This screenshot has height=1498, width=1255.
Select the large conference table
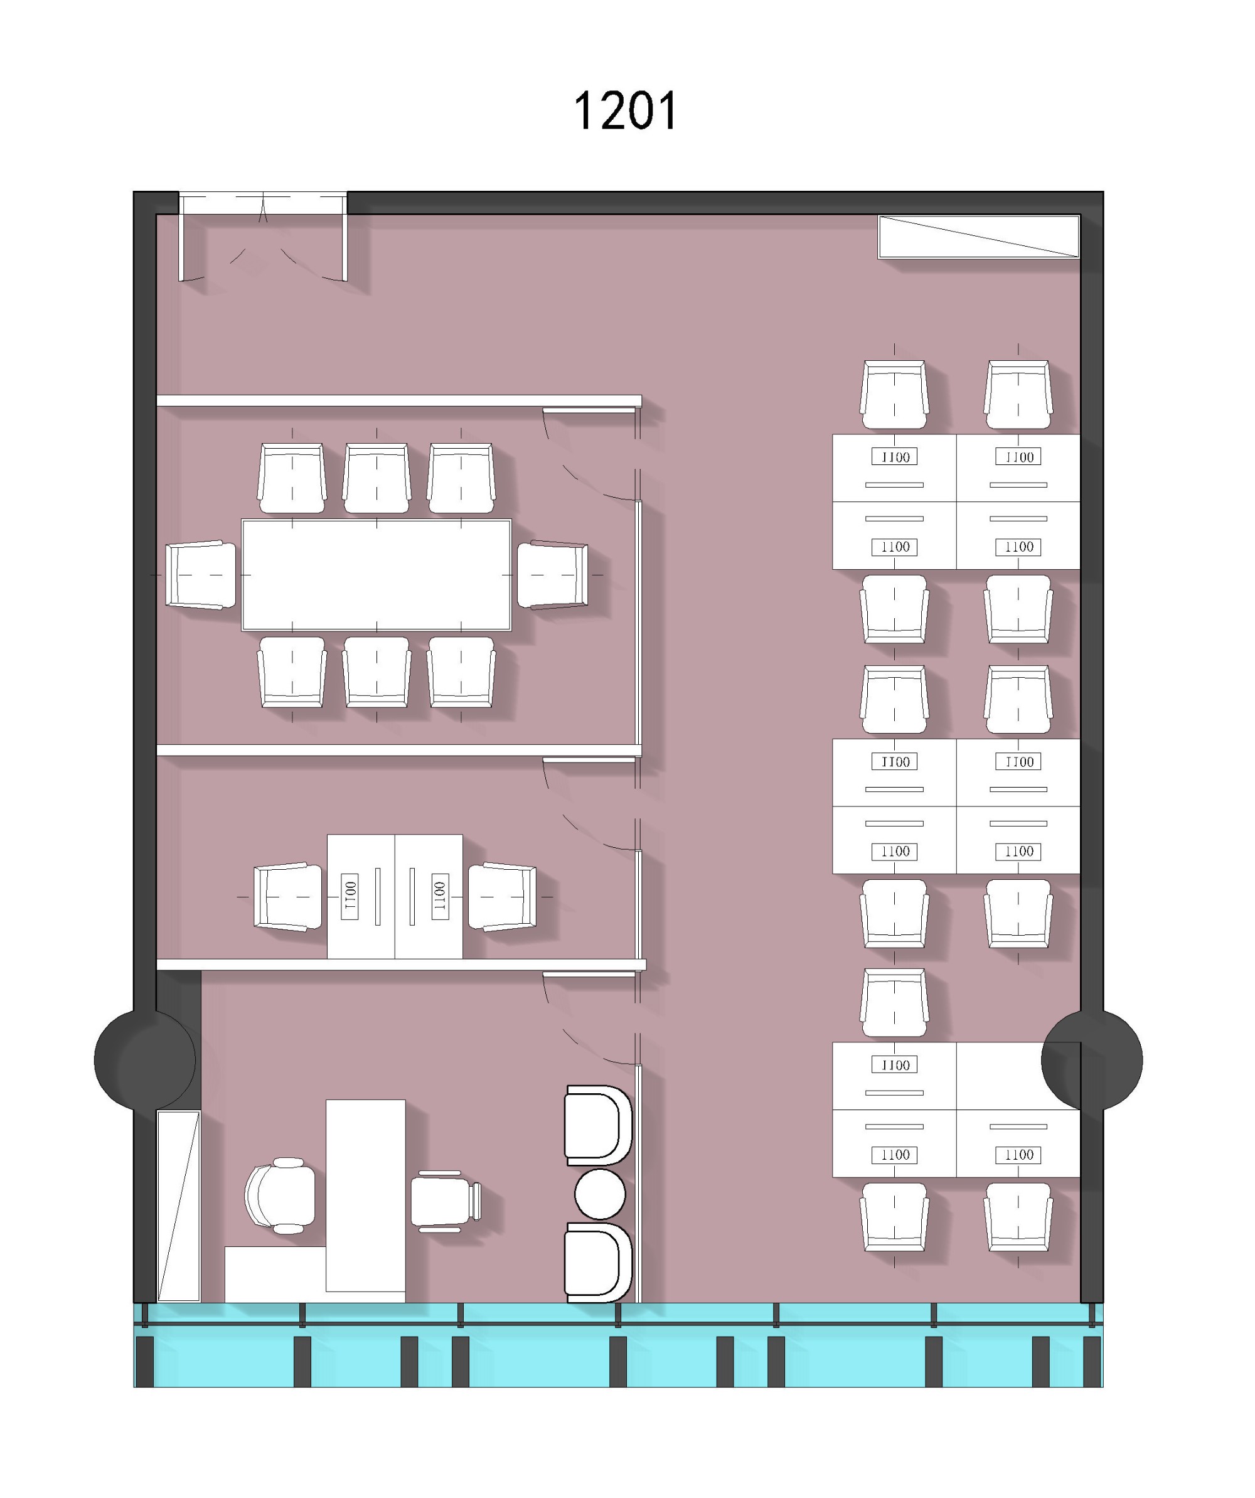376,575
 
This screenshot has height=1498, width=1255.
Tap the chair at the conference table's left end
201,575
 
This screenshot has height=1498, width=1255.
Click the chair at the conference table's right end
553,575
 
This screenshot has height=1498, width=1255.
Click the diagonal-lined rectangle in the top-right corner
979,236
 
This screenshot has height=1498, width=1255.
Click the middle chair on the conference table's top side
376,478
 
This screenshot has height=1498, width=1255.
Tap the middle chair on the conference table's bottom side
376,672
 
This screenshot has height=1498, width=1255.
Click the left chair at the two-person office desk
288,897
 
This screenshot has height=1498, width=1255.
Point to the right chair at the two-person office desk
503,897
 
